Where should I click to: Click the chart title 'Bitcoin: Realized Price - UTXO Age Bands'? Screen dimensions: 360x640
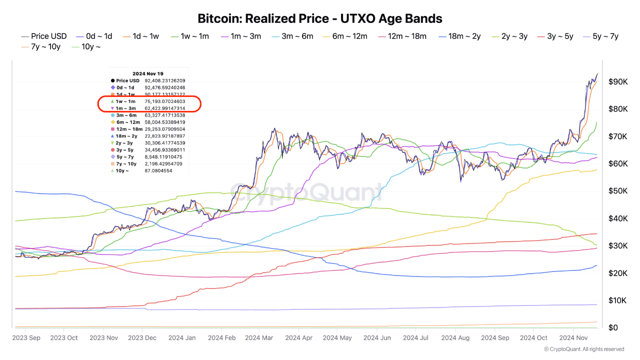click(x=320, y=19)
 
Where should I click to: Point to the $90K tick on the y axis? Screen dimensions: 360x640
click(x=618, y=81)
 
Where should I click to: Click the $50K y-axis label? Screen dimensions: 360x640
click(x=618, y=191)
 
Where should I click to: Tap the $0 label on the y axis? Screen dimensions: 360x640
click(x=613, y=327)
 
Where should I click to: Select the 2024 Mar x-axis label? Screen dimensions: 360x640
click(x=258, y=338)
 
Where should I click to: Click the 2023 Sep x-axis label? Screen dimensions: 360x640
click(x=26, y=338)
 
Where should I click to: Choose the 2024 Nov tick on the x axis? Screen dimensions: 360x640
click(x=573, y=338)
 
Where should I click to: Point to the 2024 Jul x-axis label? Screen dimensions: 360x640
click(x=416, y=338)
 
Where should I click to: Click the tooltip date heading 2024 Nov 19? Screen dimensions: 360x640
click(x=148, y=73)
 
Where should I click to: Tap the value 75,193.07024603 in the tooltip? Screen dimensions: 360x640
click(x=164, y=101)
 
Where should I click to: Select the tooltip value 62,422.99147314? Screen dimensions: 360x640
click(x=164, y=108)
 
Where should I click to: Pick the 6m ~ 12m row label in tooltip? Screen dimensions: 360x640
click(x=128, y=122)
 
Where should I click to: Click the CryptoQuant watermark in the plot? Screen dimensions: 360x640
click(x=305, y=191)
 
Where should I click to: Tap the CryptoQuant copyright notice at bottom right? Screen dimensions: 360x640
click(x=583, y=349)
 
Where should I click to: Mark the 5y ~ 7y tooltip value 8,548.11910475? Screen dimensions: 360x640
click(x=164, y=156)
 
